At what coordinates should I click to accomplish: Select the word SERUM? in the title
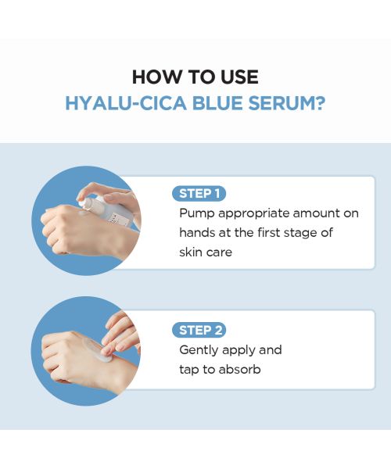tap(292, 103)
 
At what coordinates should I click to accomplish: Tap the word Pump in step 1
tap(195, 213)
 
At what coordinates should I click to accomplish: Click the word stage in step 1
tap(302, 233)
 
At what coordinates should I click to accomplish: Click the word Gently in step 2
tap(199, 350)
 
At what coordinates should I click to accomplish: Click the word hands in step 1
tap(197, 233)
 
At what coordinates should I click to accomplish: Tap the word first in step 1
tap(271, 233)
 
